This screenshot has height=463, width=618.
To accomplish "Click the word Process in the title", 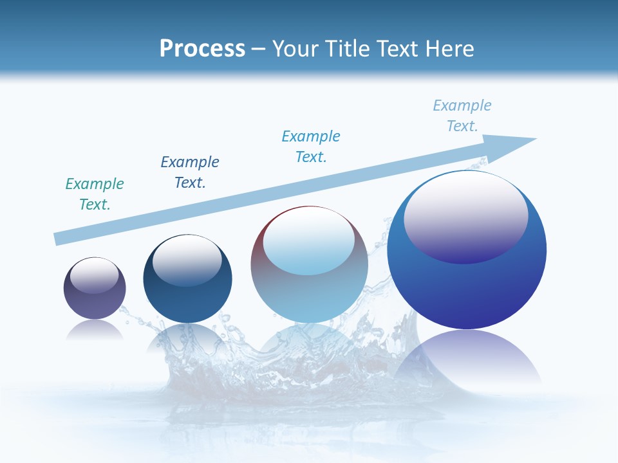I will pyautogui.click(x=202, y=49).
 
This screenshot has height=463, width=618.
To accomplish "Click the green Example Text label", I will pyautogui.click(x=95, y=194).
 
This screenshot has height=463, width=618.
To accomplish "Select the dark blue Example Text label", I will pyautogui.click(x=190, y=172).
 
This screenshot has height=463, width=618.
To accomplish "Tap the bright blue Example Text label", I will pyautogui.click(x=311, y=147).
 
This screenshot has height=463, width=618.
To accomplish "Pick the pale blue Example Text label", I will pyautogui.click(x=462, y=116).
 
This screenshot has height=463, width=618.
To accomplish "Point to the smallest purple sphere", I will pyautogui.click(x=95, y=302).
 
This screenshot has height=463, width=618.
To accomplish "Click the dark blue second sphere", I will pyautogui.click(x=187, y=302).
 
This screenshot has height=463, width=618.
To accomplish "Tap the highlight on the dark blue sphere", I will pyautogui.click(x=187, y=262).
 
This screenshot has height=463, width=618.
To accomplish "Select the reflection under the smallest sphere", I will pyautogui.click(x=95, y=329).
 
